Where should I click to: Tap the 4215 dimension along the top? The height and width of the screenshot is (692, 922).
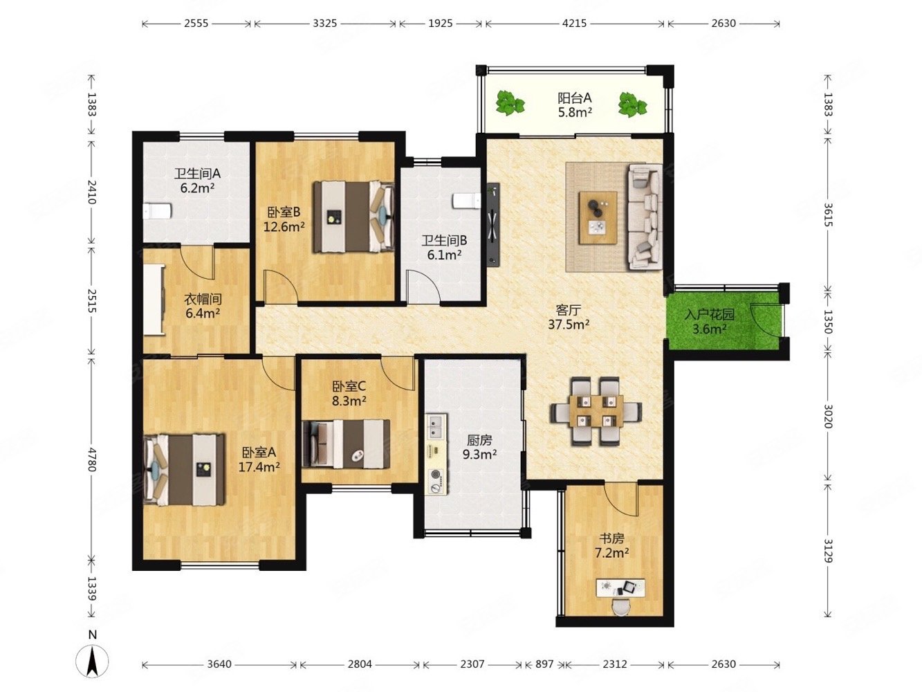point(574,24)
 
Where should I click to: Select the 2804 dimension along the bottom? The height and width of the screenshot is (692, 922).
point(360,664)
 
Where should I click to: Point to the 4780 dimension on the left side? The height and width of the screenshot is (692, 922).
point(91,459)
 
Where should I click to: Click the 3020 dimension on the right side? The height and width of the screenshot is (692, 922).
point(827,416)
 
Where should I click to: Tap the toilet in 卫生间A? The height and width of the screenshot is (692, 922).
point(157,211)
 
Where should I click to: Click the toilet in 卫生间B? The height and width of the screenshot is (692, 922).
point(467,201)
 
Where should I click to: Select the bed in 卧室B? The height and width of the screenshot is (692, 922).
point(354,217)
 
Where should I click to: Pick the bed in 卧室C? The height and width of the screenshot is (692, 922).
point(346,444)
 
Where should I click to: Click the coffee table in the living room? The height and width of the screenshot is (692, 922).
point(598,218)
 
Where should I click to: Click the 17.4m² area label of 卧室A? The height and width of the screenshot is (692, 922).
point(259,467)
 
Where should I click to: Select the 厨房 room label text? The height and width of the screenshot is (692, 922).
point(479,440)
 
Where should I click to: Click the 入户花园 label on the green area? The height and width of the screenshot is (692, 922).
point(709,314)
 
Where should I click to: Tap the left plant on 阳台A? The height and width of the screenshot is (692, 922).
point(510,103)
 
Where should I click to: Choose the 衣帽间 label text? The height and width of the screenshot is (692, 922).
point(203,299)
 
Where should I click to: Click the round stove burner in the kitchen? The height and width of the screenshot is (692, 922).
point(436,475)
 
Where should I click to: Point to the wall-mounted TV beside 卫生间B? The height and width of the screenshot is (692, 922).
point(493,224)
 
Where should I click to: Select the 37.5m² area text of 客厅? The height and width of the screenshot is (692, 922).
point(569,324)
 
